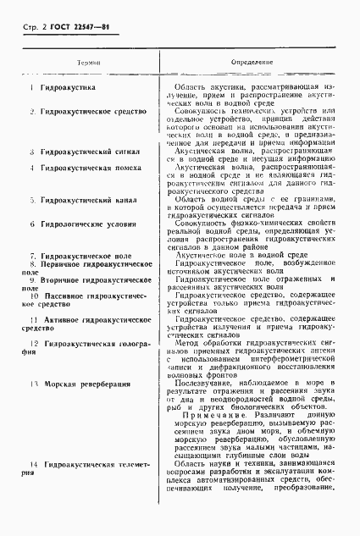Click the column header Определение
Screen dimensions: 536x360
(x=253, y=63)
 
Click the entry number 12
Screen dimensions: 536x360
(x=32, y=343)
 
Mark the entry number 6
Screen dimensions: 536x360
(x=32, y=224)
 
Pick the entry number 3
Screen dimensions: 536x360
(x=32, y=152)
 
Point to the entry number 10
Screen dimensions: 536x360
(x=32, y=296)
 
